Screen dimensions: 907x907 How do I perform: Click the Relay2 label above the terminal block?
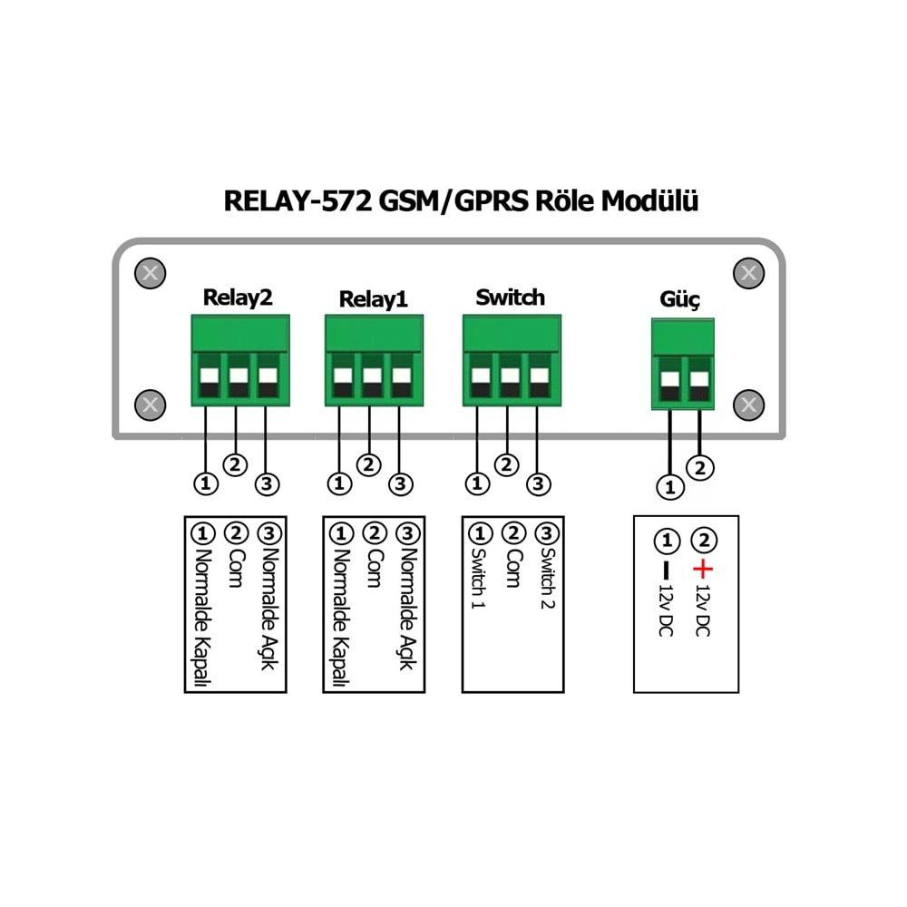(238, 297)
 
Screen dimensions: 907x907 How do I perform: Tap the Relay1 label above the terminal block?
(374, 299)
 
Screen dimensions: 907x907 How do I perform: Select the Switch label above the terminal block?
(510, 297)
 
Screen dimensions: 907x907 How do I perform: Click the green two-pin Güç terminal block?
(682, 365)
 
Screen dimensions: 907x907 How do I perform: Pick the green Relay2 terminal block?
(239, 360)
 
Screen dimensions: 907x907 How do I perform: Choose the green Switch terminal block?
(511, 360)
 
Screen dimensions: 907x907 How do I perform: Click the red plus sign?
(703, 570)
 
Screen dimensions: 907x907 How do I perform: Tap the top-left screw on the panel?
(151, 272)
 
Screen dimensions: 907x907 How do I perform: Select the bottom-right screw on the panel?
(748, 405)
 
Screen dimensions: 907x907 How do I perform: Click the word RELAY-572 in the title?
(296, 200)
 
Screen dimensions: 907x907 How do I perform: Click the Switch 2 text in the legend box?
(547, 579)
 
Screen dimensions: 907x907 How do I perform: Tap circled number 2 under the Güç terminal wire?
(699, 468)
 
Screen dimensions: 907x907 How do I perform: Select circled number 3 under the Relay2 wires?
(266, 484)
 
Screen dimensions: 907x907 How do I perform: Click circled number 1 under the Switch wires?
(477, 484)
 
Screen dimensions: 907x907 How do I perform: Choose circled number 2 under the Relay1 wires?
(368, 464)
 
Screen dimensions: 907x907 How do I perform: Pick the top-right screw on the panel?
(748, 272)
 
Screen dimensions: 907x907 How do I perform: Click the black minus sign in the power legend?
(668, 571)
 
